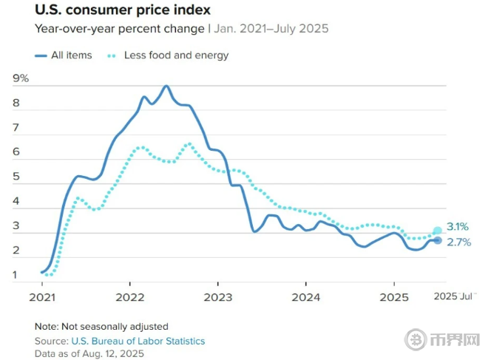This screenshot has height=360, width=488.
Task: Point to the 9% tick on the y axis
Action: (x=21, y=78)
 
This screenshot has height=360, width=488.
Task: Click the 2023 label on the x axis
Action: (x=217, y=297)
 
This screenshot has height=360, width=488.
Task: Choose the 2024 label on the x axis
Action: (x=305, y=297)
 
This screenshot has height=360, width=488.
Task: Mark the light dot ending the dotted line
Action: (x=438, y=231)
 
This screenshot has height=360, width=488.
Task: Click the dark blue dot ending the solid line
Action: (x=437, y=240)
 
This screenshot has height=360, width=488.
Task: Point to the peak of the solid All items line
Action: (x=166, y=86)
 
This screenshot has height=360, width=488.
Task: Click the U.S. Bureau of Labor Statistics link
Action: (x=138, y=341)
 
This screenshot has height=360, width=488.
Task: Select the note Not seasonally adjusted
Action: (x=101, y=326)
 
